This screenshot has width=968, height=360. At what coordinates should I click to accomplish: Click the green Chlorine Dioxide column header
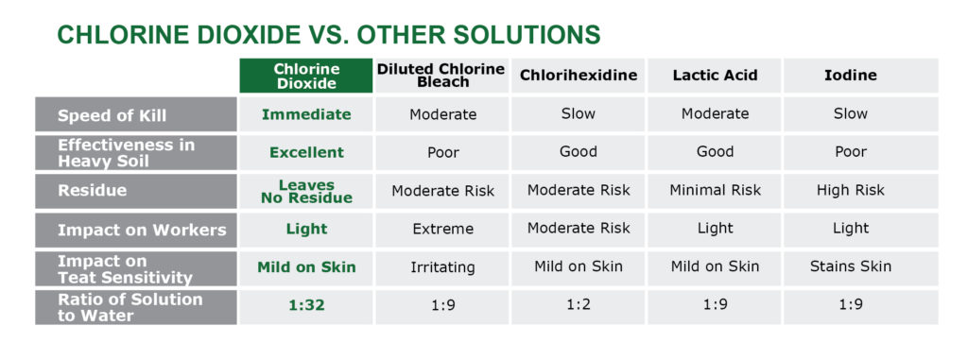(305, 76)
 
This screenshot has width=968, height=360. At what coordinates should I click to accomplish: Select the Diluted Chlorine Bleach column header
(442, 76)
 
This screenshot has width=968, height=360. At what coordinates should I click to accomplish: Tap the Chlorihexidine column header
(578, 76)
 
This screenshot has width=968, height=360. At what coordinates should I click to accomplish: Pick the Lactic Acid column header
(715, 76)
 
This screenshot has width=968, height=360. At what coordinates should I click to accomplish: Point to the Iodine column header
(850, 76)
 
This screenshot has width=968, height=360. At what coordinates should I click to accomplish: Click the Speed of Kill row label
(112, 115)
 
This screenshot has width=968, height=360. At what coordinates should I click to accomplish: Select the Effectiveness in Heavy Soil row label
(127, 152)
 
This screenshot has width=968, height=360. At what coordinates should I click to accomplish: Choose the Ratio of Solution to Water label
(130, 307)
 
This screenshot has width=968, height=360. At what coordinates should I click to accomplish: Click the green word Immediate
(306, 115)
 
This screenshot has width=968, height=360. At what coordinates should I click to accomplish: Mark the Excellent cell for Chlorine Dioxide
(306, 152)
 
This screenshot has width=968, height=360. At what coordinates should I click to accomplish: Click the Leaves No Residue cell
(306, 191)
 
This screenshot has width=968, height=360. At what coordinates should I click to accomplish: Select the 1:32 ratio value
(306, 307)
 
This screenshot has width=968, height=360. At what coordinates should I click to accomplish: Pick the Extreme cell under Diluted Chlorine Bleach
(442, 230)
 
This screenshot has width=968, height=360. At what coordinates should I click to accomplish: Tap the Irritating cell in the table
(442, 267)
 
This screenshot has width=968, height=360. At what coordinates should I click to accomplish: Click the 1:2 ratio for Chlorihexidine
(578, 307)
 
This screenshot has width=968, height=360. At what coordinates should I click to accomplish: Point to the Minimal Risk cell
(715, 191)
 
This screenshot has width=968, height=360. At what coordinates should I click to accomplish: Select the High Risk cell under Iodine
(850, 191)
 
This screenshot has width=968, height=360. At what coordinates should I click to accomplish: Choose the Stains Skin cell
(850, 267)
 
